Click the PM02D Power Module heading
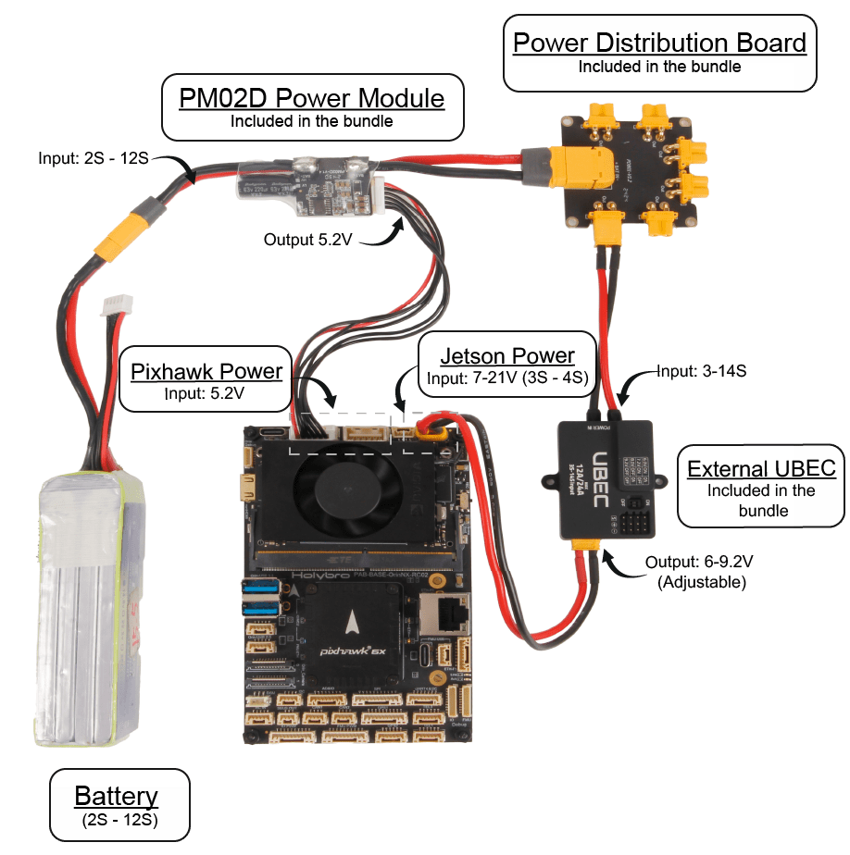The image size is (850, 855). pyautogui.click(x=311, y=98)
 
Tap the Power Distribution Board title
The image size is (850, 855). pyautogui.click(x=659, y=43)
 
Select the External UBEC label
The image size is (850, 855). pyautogui.click(x=761, y=469)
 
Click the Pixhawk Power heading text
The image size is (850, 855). pyautogui.click(x=206, y=372)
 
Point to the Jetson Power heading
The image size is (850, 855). pyautogui.click(x=506, y=356)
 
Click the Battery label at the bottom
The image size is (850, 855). pyautogui.click(x=116, y=796)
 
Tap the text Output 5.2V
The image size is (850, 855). pyautogui.click(x=307, y=240)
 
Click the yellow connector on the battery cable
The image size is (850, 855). pyautogui.click(x=126, y=235)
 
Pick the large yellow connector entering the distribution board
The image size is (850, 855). pyautogui.click(x=574, y=167)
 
